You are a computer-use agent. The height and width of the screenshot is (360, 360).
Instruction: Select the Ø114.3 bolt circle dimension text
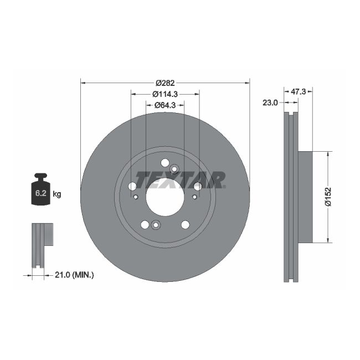[165, 94]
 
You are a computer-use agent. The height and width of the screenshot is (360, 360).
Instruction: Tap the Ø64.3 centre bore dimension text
[165, 105]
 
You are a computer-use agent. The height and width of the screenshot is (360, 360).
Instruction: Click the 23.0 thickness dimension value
[270, 102]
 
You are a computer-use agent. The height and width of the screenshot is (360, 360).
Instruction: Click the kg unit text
[56, 194]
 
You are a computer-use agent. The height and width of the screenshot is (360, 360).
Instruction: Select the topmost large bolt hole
[165, 162]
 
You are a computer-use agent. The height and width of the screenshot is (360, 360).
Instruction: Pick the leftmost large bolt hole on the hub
[132, 187]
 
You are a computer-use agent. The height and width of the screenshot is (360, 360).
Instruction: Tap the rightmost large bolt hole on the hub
[198, 187]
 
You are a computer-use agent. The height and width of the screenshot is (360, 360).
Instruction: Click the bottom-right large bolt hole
[185, 224]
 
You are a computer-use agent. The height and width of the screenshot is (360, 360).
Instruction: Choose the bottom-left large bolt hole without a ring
[145, 224]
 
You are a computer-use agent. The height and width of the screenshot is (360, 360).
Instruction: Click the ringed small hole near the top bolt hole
[174, 169]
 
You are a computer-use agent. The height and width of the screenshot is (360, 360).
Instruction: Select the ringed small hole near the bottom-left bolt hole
[155, 224]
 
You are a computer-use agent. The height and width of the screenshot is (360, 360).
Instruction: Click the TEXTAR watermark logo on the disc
[181, 180]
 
